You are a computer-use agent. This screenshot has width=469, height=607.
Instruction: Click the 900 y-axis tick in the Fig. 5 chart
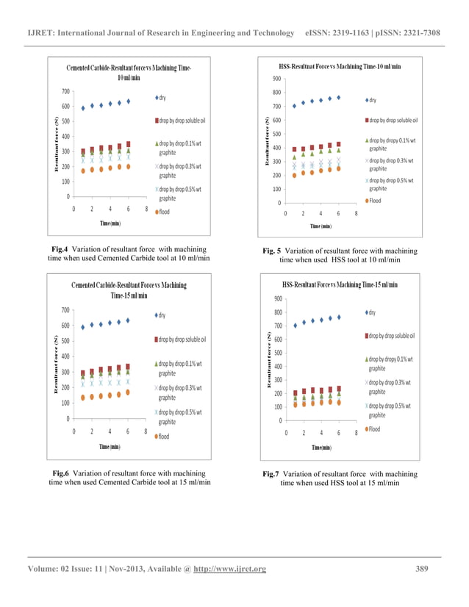tap(276, 79)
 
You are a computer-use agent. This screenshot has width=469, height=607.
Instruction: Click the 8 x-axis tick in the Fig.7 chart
tap(356, 433)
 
